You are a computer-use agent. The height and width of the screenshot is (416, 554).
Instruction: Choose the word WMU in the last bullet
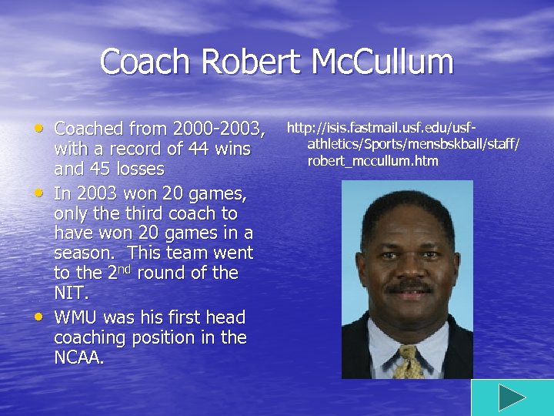tap(75, 317)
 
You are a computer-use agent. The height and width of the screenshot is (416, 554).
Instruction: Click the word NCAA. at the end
tap(78, 357)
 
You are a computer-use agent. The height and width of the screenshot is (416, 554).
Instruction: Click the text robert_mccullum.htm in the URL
tap(372, 161)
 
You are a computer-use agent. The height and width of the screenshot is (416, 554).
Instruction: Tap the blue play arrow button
tap(511, 398)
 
